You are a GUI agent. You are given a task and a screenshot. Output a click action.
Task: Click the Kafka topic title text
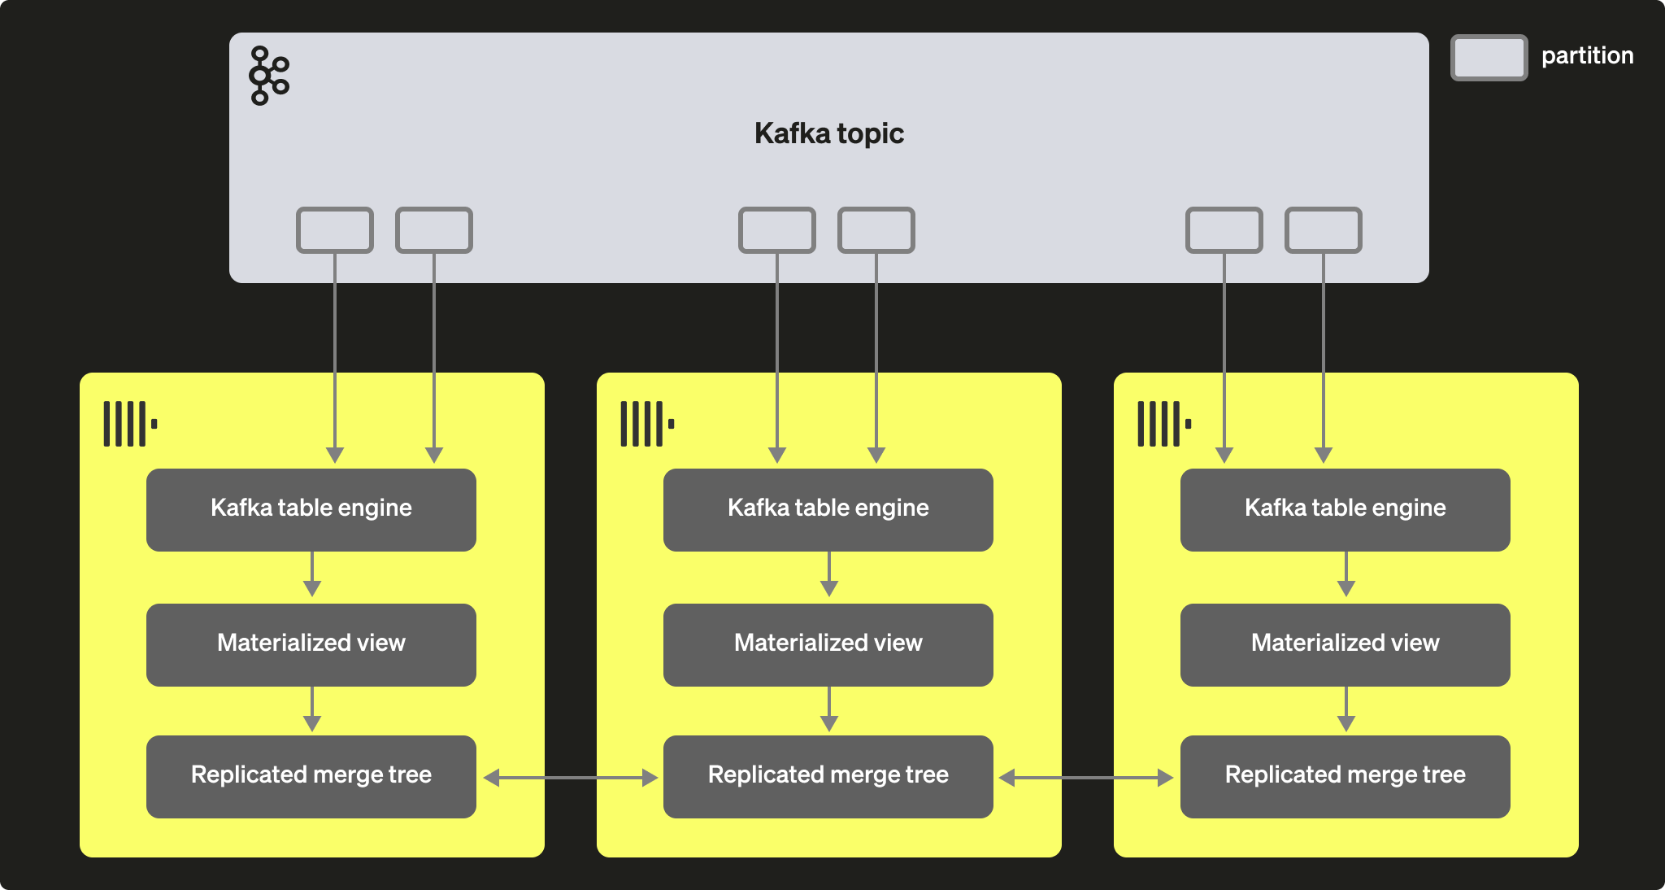[828, 133]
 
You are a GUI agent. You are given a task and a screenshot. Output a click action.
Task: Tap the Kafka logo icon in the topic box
[268, 76]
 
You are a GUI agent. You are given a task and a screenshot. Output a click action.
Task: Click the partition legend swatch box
[1489, 58]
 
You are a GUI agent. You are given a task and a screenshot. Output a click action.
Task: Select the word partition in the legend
[1587, 55]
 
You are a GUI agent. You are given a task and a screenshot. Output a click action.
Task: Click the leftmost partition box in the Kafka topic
[335, 230]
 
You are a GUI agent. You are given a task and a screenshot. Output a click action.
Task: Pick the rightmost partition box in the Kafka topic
[1323, 230]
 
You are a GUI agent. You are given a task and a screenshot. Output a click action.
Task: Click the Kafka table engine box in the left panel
[311, 509]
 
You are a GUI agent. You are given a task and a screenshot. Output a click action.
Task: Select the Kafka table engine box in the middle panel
[828, 509]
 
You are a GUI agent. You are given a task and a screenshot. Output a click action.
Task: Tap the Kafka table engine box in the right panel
[1345, 509]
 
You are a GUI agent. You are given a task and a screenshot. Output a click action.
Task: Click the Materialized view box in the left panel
[311, 644]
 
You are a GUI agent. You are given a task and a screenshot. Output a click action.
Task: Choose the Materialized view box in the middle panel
[828, 644]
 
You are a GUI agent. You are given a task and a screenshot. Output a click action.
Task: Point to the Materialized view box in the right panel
[1345, 644]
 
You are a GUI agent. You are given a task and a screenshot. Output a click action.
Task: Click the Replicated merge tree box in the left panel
[311, 776]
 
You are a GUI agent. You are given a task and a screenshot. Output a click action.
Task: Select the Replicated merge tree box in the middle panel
[828, 776]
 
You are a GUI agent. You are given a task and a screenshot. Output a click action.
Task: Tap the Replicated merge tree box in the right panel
[1345, 776]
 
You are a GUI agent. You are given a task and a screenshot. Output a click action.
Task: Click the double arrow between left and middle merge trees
[570, 778]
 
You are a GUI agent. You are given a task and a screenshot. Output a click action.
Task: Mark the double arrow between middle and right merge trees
[1086, 778]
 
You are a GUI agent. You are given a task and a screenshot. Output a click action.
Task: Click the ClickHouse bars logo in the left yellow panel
[130, 423]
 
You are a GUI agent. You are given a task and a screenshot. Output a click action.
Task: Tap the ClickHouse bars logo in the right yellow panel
[1164, 423]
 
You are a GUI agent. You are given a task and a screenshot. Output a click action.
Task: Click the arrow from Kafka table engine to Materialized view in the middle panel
[828, 575]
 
